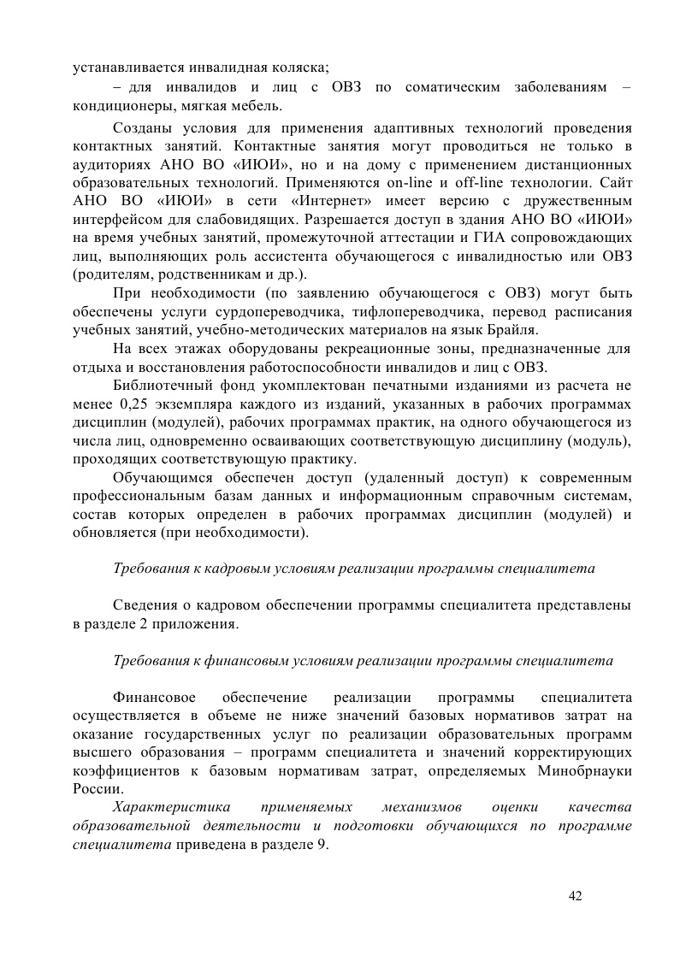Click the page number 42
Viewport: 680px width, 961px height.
[x=575, y=895]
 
